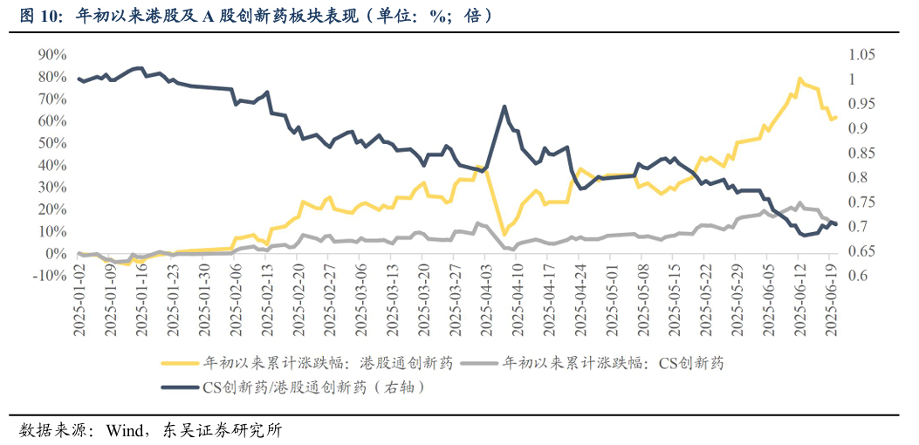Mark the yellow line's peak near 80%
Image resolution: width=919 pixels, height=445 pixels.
point(799,79)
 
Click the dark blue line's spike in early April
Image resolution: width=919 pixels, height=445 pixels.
point(505,106)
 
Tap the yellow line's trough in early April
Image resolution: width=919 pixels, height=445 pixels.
point(504,234)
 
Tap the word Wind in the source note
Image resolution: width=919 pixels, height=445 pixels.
point(125,429)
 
